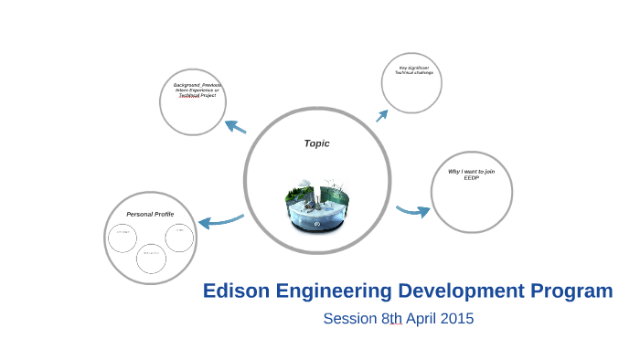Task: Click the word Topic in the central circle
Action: tap(316, 143)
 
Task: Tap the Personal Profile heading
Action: tap(150, 214)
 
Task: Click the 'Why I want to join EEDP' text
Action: tap(471, 174)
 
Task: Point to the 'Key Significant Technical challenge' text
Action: tap(414, 69)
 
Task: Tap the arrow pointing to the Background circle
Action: tap(235, 126)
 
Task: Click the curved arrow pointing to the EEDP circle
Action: tap(413, 212)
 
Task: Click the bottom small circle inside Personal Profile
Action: tap(151, 257)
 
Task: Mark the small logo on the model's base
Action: tap(317, 224)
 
